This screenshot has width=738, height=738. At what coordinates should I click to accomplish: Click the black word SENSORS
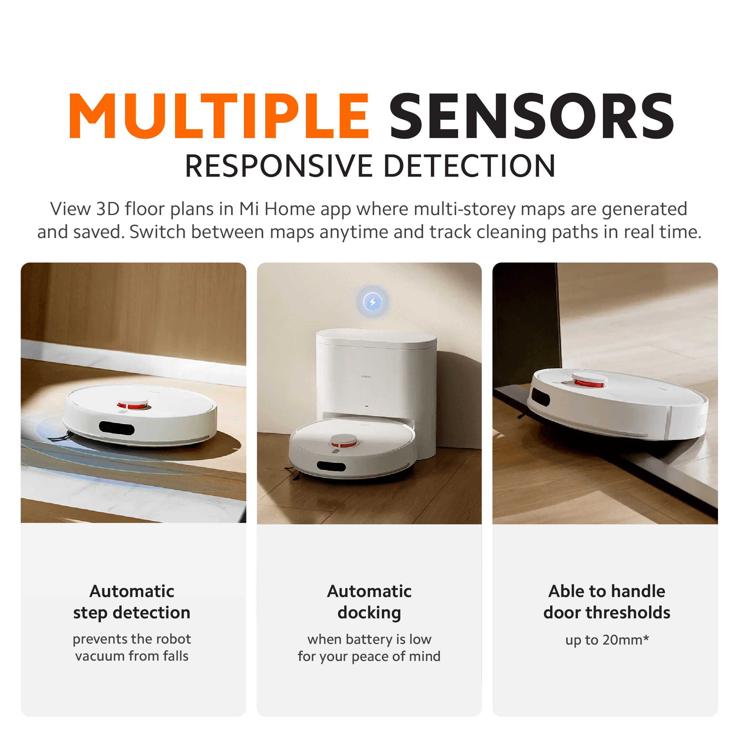(x=531, y=115)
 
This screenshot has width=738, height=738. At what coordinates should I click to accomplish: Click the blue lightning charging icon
(x=372, y=302)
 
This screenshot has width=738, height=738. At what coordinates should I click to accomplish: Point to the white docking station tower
(x=376, y=386)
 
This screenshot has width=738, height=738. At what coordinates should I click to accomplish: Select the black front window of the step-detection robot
(x=116, y=428)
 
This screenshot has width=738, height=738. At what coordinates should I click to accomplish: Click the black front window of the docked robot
(x=331, y=467)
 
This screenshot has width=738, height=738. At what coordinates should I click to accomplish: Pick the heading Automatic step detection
(x=132, y=602)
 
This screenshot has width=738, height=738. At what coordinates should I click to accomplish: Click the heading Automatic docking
(x=369, y=602)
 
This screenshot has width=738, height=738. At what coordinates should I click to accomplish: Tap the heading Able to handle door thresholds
(x=607, y=602)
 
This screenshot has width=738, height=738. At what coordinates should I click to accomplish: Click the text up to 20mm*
(x=607, y=640)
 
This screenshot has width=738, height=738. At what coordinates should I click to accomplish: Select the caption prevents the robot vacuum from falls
(x=132, y=648)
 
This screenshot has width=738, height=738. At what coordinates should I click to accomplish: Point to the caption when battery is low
(x=369, y=639)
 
